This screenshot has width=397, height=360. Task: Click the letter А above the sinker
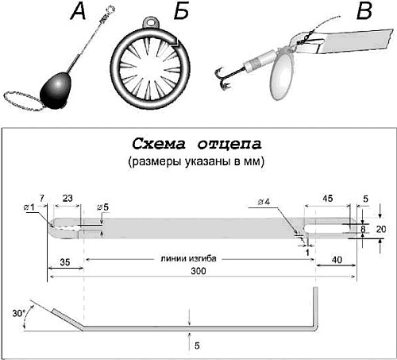coord(79,12)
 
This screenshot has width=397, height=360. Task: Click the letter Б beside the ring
coord(182,12)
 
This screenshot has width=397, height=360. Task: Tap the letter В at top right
coord(364,12)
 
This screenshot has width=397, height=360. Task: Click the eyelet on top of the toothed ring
coord(151,22)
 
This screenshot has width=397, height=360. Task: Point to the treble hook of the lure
coord(222,79)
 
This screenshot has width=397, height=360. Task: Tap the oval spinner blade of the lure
coord(281,75)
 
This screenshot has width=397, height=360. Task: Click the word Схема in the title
coord(158,145)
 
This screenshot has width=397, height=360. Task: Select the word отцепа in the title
coord(229,145)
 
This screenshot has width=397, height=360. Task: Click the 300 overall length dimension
coord(198,271)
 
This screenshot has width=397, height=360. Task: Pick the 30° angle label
coord(18,313)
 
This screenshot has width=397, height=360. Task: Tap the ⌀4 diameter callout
coord(264,202)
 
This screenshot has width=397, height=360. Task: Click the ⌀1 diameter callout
coord(29,207)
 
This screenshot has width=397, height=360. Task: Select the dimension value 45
coord(328,198)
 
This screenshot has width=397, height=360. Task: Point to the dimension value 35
coord(65,262)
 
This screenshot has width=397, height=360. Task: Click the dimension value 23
coord(67,198)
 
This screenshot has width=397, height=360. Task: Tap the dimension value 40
coord(337,260)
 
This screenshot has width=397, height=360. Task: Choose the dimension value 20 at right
coord(381,229)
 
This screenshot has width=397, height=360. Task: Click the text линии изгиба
coord(188,258)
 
